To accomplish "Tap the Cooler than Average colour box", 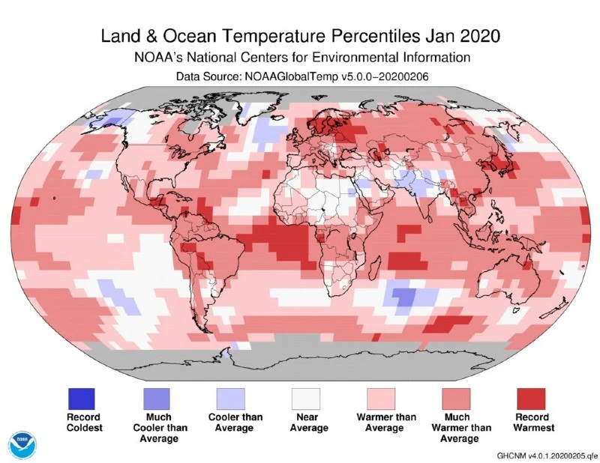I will pos(231,397).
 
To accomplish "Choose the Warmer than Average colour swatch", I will pos(381,397).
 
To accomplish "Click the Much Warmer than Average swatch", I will pos(456,397).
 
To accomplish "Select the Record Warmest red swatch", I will pos(530,397).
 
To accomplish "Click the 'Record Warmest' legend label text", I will pos(530,423).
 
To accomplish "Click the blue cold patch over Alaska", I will pos(114,119).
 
